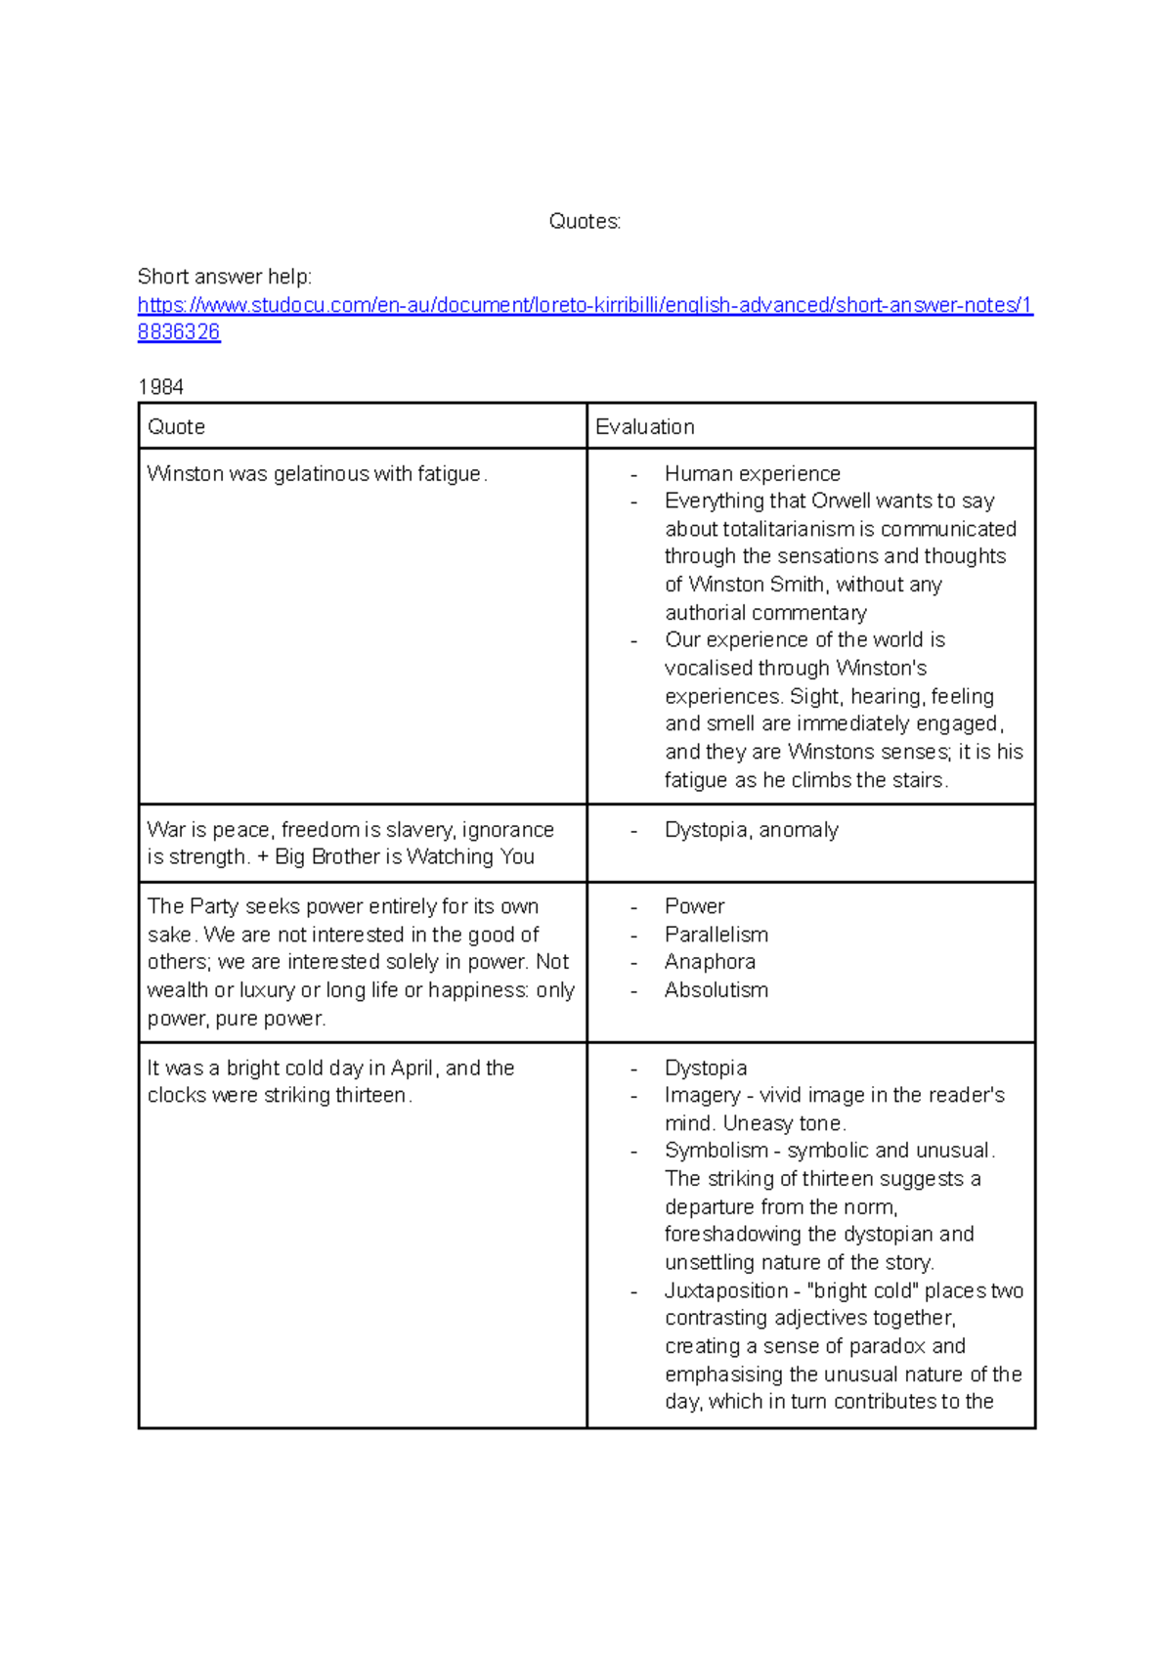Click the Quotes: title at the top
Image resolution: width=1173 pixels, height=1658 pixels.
click(x=585, y=222)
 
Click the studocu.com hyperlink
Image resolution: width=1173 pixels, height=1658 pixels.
click(x=585, y=306)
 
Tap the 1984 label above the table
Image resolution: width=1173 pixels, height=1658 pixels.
click(x=161, y=387)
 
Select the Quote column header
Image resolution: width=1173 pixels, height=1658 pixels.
click(x=176, y=427)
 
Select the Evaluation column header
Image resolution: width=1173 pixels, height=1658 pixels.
click(x=645, y=427)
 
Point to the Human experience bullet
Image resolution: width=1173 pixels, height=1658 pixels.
click(x=752, y=474)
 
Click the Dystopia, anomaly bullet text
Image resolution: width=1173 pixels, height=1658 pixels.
click(x=751, y=830)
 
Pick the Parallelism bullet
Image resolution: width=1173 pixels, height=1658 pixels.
click(x=716, y=935)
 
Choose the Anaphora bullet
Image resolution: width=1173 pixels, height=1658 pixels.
click(x=710, y=962)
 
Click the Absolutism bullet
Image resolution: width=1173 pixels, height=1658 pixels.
click(x=716, y=990)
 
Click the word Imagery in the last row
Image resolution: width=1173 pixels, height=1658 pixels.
click(x=702, y=1096)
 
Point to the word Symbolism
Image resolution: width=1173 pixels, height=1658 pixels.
click(x=716, y=1151)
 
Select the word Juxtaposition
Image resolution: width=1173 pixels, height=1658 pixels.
click(x=725, y=1291)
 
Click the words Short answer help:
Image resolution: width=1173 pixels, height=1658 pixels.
click(x=225, y=277)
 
